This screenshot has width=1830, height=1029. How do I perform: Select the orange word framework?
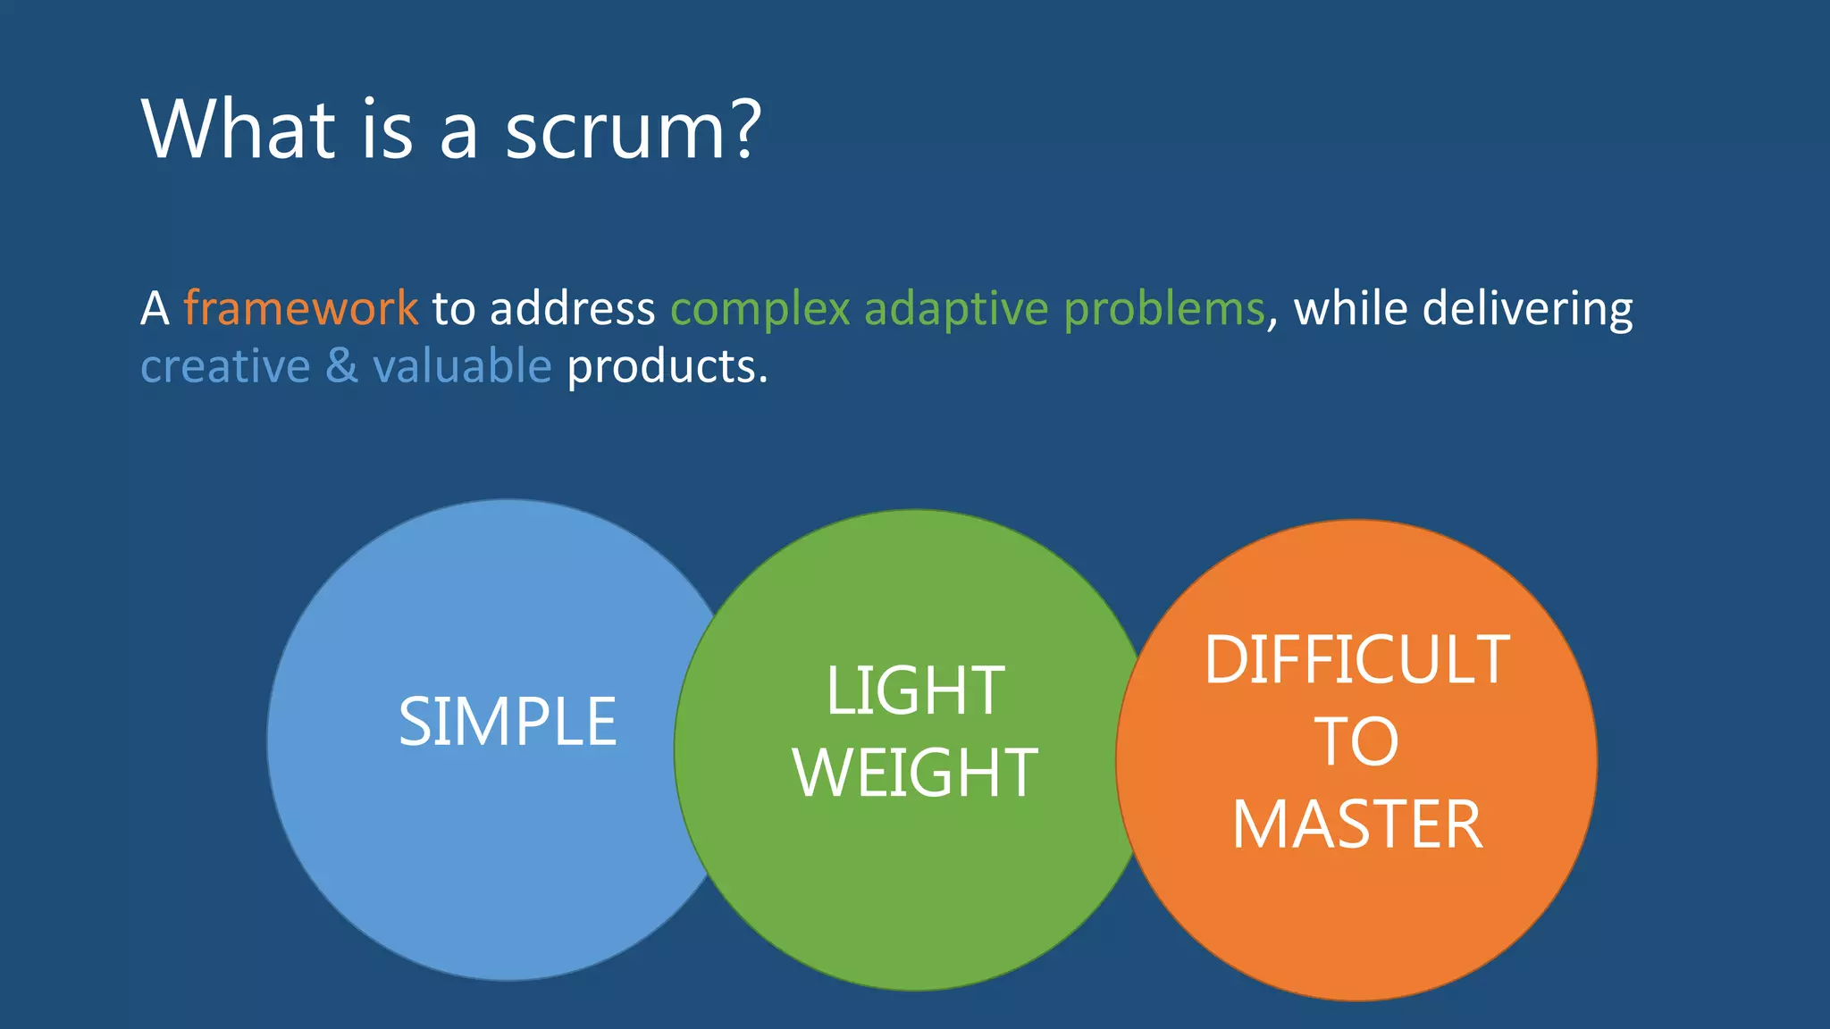pos(300,308)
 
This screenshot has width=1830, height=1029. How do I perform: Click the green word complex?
pos(760,310)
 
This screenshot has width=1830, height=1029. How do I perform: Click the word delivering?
pos(1527,310)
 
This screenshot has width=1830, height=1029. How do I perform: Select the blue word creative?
pos(225,367)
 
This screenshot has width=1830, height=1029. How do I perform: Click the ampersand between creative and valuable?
pos(341,367)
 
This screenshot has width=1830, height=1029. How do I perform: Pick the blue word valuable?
pos(462,367)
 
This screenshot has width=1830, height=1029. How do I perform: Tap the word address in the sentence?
pos(572,308)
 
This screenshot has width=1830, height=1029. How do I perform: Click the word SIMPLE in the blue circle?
pos(508,722)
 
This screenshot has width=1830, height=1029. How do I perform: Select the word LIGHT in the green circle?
pos(915,690)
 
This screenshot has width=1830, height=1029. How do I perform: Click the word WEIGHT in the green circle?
pos(915,773)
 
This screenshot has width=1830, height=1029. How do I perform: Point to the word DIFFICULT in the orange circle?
pos(1356,660)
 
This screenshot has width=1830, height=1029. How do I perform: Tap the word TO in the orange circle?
pos(1356,741)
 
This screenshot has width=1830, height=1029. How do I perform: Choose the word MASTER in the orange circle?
pos(1356,824)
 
